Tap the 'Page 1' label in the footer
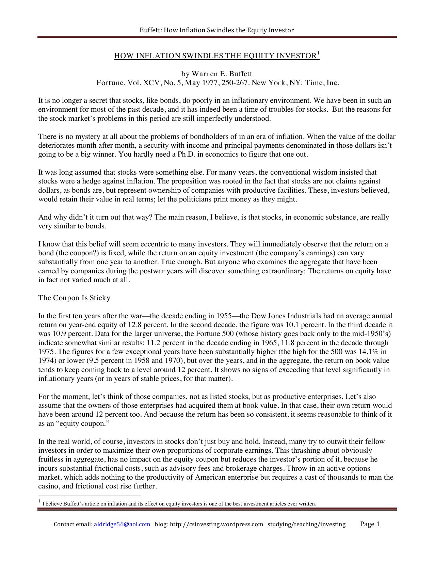coord(370,524)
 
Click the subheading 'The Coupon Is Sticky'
coord(74,298)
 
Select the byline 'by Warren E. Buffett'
coord(216,74)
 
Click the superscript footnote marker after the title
coord(318,53)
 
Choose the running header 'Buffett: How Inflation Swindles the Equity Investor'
coord(216,30)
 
